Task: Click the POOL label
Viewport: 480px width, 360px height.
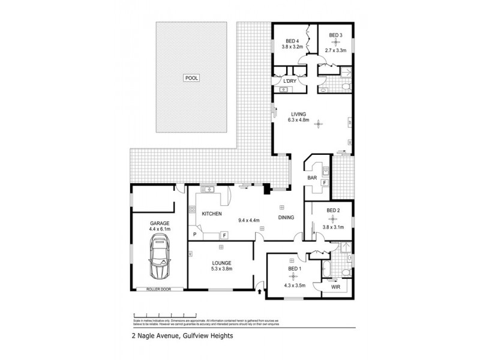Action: (192, 78)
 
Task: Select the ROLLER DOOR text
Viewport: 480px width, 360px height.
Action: (159, 289)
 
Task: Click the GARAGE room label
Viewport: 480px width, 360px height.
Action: (160, 223)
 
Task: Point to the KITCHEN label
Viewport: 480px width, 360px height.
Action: (212, 214)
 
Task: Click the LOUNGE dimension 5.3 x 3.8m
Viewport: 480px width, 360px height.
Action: (221, 269)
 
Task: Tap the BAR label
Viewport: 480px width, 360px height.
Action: (312, 178)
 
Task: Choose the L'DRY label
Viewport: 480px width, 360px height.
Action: (290, 82)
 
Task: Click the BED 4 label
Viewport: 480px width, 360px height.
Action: (292, 40)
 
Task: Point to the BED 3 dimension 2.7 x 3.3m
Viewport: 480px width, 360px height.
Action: (336, 51)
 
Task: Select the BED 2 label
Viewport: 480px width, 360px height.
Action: (334, 210)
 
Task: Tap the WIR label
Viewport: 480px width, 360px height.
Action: (335, 287)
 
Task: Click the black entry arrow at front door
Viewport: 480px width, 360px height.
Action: (259, 293)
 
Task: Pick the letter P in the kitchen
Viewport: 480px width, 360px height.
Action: (194, 235)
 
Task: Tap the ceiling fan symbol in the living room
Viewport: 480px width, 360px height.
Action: (320, 125)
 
